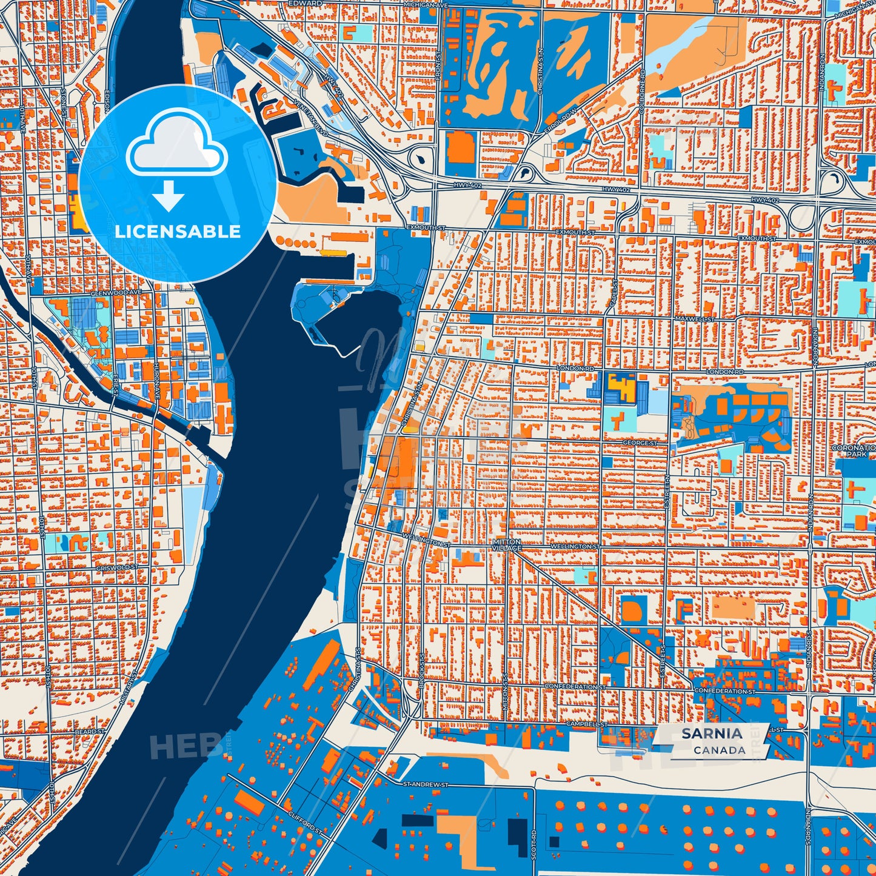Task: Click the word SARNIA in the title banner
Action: (x=712, y=734)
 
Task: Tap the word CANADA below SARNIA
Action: (x=720, y=750)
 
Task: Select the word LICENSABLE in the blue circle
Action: (x=178, y=232)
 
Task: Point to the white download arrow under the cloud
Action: (x=169, y=196)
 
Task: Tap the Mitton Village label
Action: (x=506, y=545)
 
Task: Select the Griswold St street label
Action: (x=117, y=567)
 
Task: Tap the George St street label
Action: (x=640, y=443)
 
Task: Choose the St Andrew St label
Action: (x=425, y=784)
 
